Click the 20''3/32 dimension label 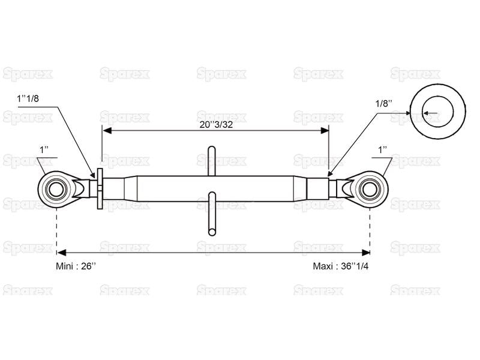(x=216, y=125)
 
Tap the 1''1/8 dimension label (x=28, y=98)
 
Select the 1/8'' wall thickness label (x=384, y=103)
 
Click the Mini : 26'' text (x=76, y=266)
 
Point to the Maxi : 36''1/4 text (x=341, y=266)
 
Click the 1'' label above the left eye (x=44, y=150)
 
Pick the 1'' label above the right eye (x=383, y=150)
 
